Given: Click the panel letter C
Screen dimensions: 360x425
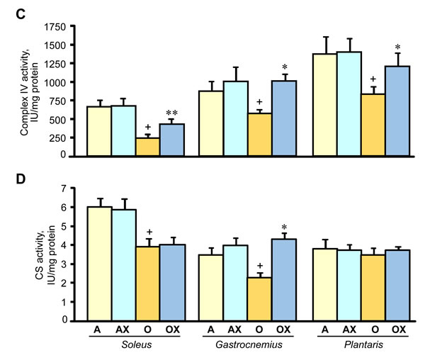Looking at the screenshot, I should coord(9,9).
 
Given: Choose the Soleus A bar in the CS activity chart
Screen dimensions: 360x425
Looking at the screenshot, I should coord(98,263).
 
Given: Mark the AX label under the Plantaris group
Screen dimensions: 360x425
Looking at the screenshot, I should coord(348,329).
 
